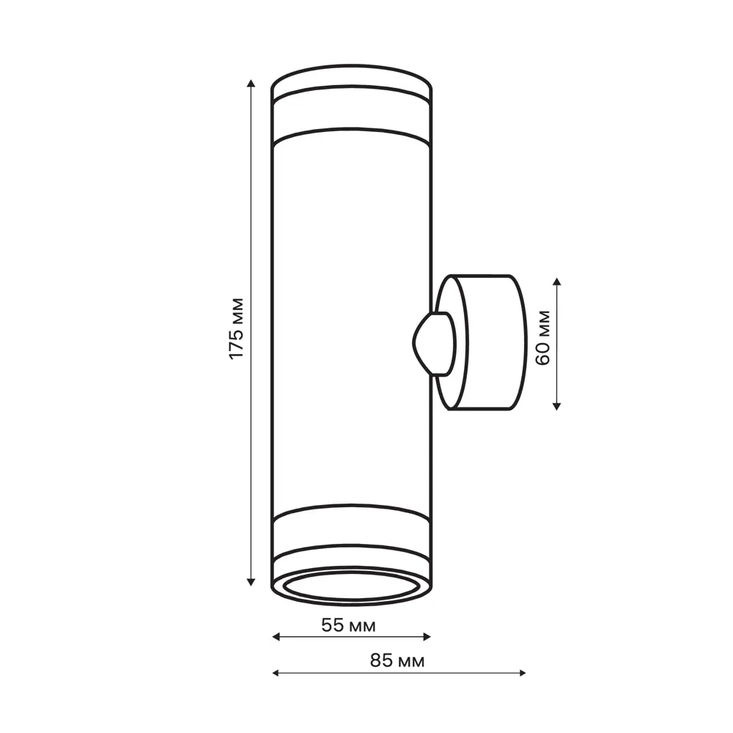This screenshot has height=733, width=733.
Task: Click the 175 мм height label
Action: (235, 328)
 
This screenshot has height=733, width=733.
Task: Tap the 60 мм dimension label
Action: (543, 337)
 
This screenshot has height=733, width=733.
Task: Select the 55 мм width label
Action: (349, 626)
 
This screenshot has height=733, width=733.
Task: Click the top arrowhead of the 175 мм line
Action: (251, 82)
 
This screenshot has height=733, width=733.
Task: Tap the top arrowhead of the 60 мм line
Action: (557, 282)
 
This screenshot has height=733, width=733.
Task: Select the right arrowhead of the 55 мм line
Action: (427, 637)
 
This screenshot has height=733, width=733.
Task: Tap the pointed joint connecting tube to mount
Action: (432, 343)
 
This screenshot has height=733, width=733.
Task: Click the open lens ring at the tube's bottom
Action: (352, 586)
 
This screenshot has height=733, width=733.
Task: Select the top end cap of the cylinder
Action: (352, 81)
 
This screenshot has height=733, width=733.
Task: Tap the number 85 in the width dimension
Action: (380, 661)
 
